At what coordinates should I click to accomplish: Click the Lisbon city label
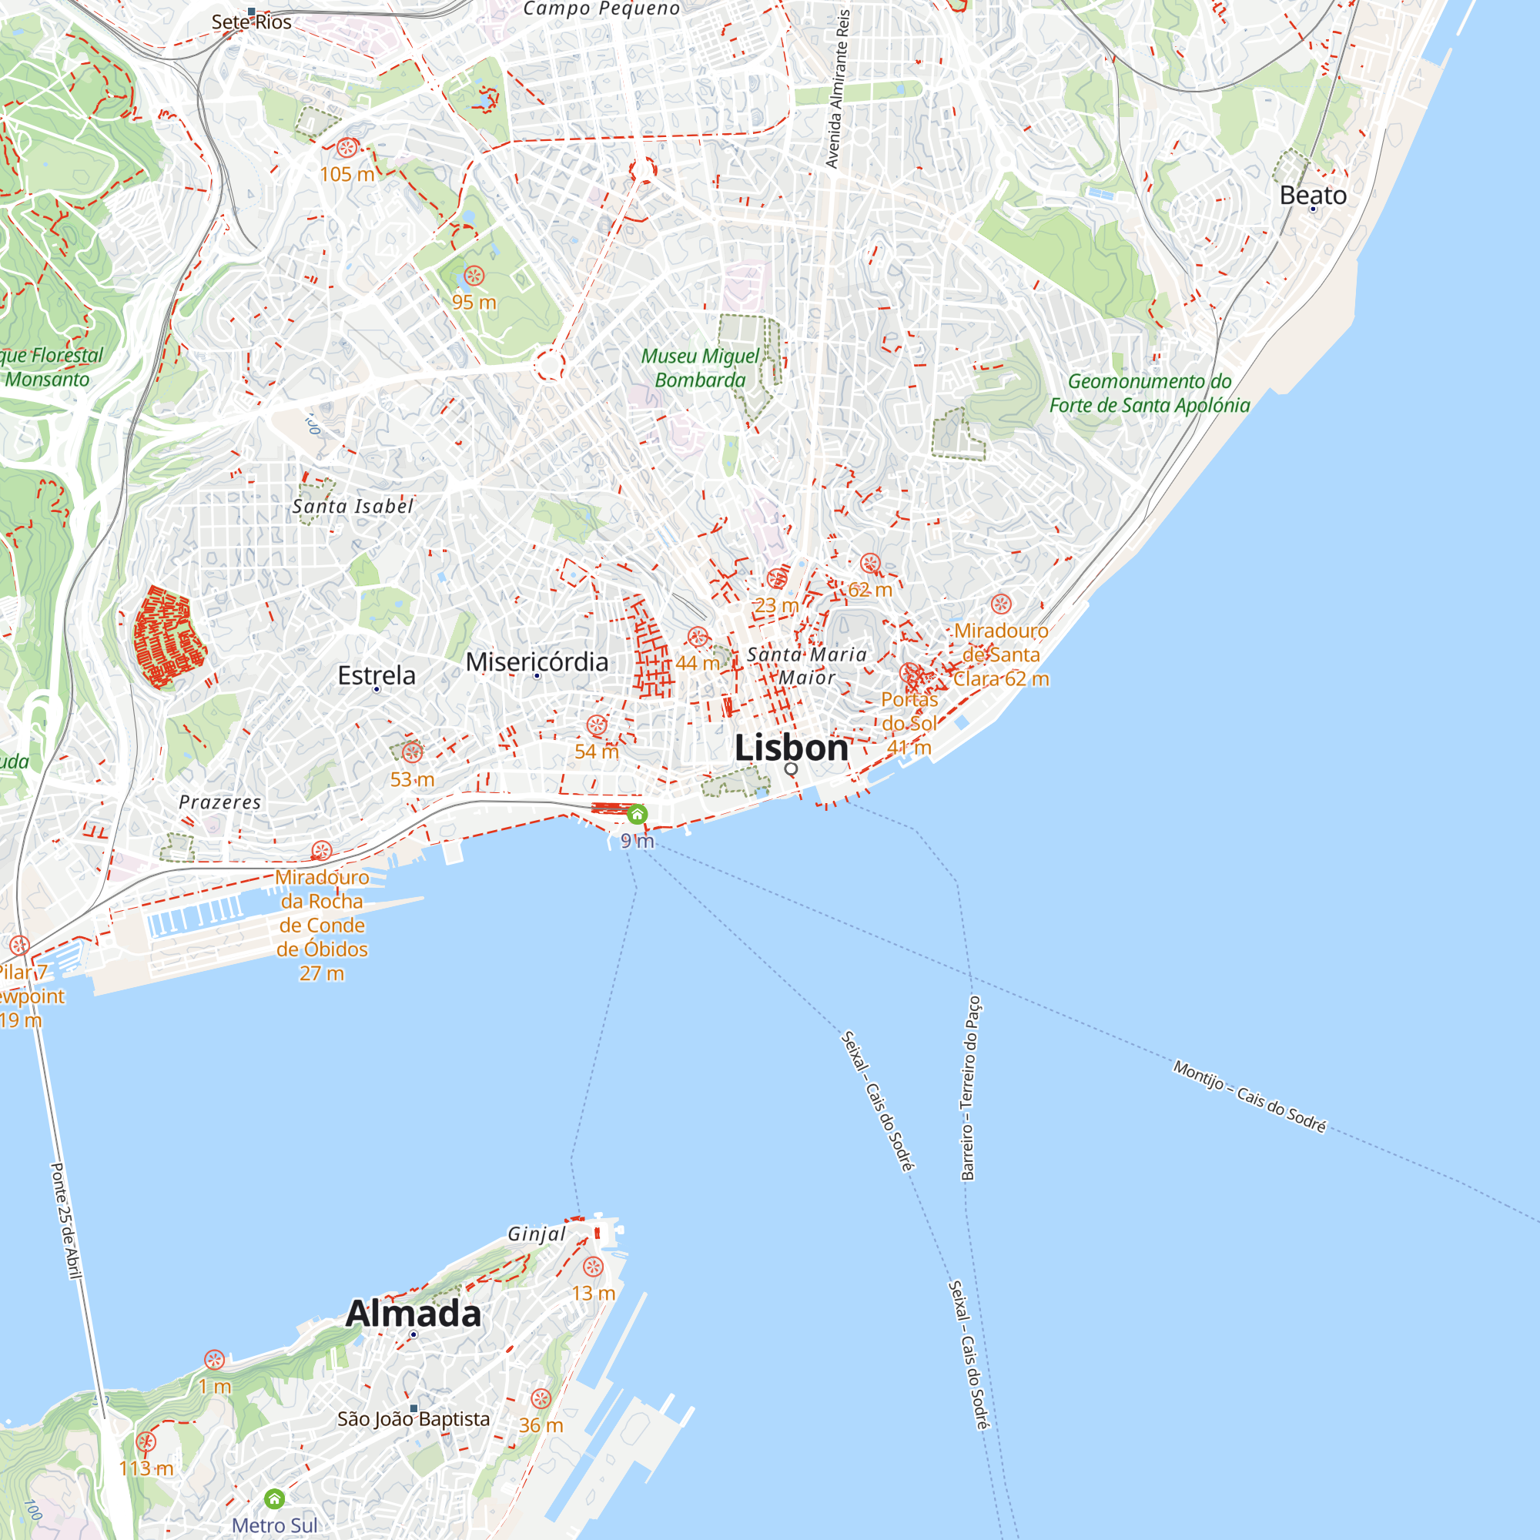pos(791,748)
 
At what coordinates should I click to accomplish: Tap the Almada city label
pos(413,1314)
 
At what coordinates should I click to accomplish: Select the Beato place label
pos(1313,196)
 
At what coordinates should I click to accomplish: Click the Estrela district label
pos(377,675)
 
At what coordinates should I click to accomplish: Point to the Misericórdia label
pos(537,661)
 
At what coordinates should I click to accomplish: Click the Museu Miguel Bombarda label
pos(700,368)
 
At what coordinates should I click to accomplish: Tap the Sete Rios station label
pos(251,22)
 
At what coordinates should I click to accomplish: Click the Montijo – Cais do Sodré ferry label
pos(1249,1096)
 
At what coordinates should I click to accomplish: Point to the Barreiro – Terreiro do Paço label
pos(970,1088)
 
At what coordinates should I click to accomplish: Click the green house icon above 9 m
pos(637,814)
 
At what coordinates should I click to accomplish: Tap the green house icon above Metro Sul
pos(274,1498)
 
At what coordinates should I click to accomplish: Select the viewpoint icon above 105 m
pos(346,148)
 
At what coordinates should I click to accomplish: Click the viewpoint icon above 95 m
pos(474,276)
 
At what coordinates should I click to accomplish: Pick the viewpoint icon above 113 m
pos(146,1441)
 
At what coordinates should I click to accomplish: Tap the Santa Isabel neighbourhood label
pos(353,506)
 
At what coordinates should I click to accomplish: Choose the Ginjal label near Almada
pos(537,1234)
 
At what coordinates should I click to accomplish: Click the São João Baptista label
pos(413,1419)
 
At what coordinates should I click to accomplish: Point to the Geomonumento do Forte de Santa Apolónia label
pos(1150,393)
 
